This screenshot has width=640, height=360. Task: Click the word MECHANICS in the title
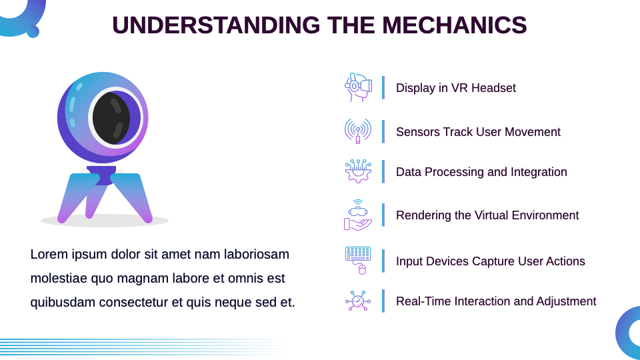click(x=454, y=25)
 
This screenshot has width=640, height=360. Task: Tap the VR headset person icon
click(x=358, y=87)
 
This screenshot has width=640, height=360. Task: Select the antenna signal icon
click(x=358, y=131)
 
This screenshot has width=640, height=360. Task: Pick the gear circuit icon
click(x=358, y=171)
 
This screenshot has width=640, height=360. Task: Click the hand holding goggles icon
click(x=358, y=215)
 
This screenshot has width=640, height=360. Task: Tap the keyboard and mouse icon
click(x=358, y=261)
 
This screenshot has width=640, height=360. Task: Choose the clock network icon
click(x=358, y=301)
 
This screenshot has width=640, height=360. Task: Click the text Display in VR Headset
click(x=455, y=88)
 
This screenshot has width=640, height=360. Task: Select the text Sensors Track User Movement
click(x=478, y=132)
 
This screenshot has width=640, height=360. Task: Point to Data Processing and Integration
click(x=481, y=172)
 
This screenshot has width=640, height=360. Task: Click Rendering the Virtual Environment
click(x=487, y=215)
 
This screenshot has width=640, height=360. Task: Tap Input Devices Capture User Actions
click(x=490, y=261)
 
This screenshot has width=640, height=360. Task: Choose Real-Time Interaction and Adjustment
click(x=496, y=301)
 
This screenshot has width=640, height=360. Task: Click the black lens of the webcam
click(x=111, y=118)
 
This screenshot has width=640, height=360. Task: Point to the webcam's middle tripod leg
click(x=95, y=198)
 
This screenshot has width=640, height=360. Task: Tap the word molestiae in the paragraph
click(x=59, y=279)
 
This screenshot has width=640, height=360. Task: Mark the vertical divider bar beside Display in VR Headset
click(x=383, y=87)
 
